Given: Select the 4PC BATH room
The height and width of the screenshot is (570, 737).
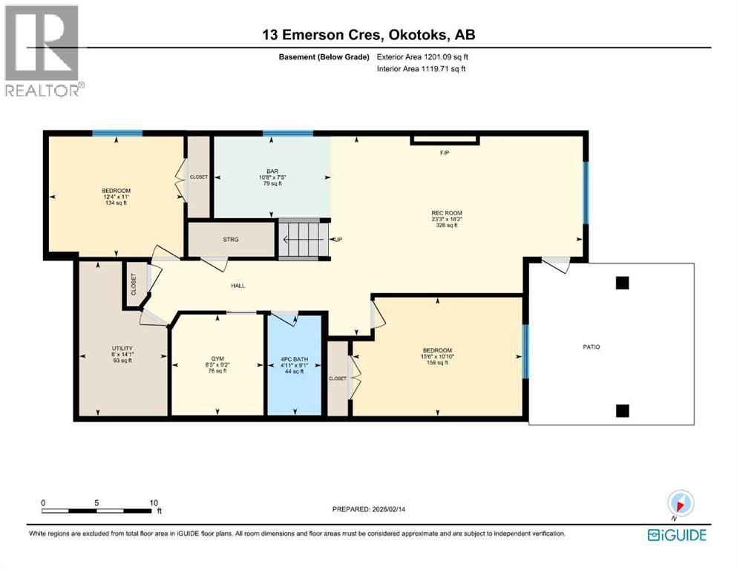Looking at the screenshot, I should [294, 365].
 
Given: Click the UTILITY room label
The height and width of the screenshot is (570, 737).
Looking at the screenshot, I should [121, 354].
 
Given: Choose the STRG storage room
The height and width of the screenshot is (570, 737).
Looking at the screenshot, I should [230, 240].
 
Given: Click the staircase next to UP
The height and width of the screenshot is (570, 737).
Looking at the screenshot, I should [302, 239].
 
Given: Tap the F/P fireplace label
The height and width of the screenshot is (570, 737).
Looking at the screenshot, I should [445, 153].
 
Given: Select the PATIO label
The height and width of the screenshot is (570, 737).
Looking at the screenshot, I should [591, 347].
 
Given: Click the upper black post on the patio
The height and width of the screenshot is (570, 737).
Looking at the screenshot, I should [623, 283].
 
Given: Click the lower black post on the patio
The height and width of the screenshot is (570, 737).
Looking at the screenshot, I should [623, 410].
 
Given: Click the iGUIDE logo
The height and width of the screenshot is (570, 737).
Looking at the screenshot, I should [677, 534].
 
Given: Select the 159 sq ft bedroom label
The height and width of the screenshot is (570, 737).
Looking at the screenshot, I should [436, 357].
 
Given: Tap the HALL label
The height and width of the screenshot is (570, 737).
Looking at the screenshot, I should [238, 286].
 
